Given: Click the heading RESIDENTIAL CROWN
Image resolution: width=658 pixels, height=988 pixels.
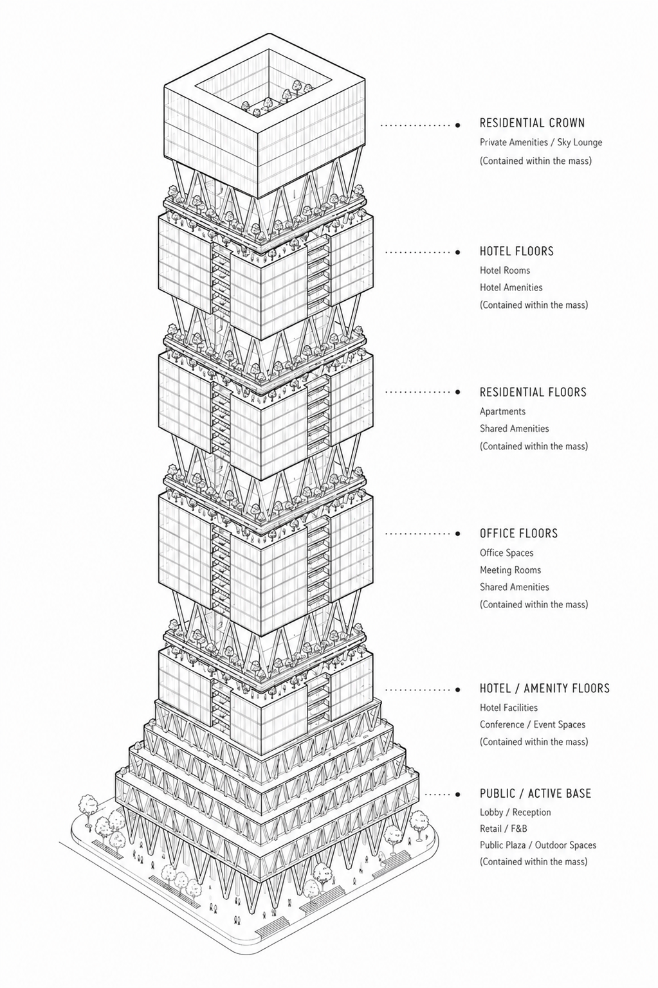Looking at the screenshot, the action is [532, 123].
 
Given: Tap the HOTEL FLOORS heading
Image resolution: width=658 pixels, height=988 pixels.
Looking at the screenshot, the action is [516, 251].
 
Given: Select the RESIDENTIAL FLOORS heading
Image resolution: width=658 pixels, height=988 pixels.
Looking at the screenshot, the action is [533, 392].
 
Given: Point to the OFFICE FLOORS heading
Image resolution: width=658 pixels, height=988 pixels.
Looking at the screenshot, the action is [518, 534].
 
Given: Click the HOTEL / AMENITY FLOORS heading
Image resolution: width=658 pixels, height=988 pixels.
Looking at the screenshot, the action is [545, 688].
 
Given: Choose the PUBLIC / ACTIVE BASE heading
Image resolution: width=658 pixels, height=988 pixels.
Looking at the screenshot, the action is [535, 793].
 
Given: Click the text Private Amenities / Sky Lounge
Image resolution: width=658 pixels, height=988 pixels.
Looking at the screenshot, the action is [540, 143].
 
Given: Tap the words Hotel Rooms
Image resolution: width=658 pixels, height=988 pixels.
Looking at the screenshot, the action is [505, 271].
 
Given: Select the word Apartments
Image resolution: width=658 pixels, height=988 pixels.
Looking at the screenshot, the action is [502, 411].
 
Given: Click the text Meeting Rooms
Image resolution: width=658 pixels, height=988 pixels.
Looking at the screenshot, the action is [510, 570].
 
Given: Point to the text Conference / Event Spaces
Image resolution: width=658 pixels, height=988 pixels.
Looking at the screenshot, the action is [532, 724].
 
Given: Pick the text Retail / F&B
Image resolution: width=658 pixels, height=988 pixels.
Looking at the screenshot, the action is [503, 829].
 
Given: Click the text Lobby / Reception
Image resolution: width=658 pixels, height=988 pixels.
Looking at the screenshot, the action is [515, 813].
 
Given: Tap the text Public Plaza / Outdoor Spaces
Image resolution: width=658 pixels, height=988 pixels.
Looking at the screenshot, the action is [538, 845].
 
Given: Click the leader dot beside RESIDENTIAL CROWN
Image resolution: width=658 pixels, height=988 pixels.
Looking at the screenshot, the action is [458, 125].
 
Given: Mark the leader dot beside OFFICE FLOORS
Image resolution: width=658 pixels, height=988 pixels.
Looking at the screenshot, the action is [458, 534].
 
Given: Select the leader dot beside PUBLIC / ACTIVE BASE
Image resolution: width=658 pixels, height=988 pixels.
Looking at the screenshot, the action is [458, 795].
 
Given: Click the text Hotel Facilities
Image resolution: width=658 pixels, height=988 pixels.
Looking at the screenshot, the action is [508, 708].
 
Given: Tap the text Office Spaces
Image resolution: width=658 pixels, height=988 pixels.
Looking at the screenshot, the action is [506, 553].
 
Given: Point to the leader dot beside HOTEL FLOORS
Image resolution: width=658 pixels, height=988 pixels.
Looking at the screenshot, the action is [458, 252].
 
